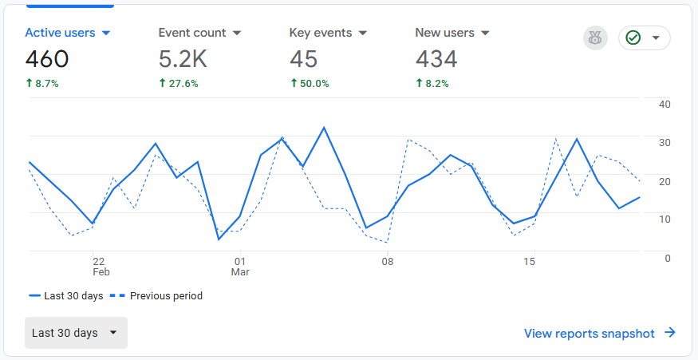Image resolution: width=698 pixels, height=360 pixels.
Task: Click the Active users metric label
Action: tap(60, 33)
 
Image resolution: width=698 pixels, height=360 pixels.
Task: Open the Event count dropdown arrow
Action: tap(237, 34)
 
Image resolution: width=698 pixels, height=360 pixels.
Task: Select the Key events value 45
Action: tap(303, 59)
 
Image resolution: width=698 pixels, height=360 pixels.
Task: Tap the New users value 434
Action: tap(436, 59)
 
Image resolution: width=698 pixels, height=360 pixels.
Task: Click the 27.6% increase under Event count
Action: tap(178, 83)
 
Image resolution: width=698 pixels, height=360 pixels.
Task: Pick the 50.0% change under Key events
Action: tap(310, 83)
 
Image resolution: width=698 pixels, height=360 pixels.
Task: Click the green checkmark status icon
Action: tap(634, 38)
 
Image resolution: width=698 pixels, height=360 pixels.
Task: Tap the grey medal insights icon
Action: tap(595, 38)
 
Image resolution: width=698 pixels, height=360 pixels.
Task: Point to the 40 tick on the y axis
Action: tap(664, 104)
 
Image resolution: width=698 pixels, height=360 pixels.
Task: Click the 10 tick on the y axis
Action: tap(664, 219)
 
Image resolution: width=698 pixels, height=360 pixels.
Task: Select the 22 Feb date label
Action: tap(100, 266)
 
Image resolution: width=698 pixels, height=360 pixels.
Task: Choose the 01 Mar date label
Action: tap(240, 266)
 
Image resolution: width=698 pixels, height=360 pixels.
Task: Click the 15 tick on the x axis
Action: tap(529, 261)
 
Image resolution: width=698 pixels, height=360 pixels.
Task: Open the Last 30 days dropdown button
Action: tap(76, 333)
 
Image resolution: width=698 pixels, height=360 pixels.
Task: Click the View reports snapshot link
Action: tap(599, 334)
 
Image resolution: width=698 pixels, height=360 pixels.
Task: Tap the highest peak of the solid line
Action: tap(324, 128)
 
